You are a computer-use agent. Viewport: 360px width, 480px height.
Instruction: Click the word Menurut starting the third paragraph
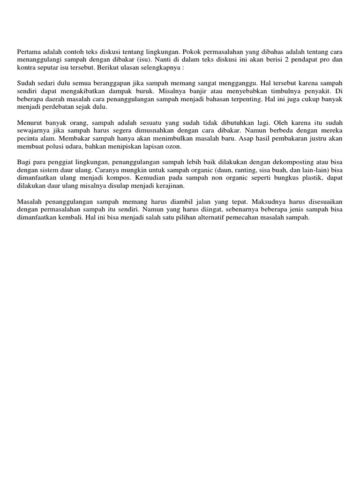tap(29, 122)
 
